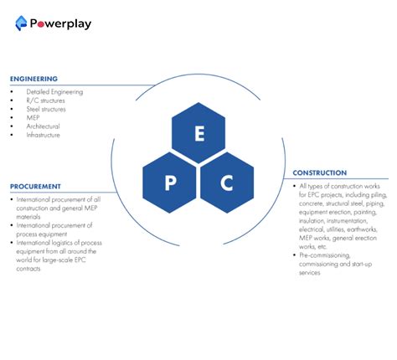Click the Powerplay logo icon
click(22, 23)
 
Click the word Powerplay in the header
click(60, 23)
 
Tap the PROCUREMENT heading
click(35, 186)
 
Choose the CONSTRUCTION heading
click(320, 173)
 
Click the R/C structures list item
click(45, 100)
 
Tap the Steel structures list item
click(46, 109)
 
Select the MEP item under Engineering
click(33, 118)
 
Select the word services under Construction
click(311, 273)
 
